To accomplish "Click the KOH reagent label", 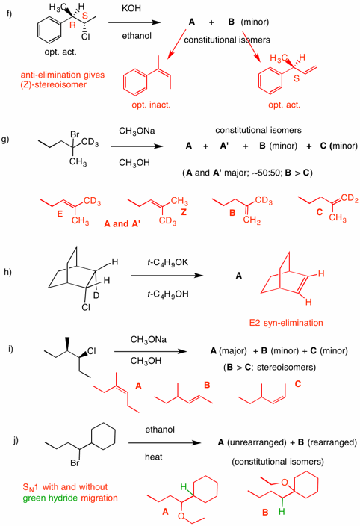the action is (131, 8).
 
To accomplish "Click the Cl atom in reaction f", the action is (85, 37).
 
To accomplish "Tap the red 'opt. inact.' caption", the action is (151, 105).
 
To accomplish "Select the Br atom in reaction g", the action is (75, 134).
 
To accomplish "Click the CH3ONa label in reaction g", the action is (137, 131).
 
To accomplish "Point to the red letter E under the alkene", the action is (60, 214).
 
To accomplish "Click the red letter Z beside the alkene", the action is (184, 212).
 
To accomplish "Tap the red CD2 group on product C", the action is (350, 199).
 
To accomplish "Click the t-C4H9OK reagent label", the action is (167, 262).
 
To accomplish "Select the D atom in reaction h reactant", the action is (96, 296).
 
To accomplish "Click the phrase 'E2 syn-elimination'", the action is (286, 323).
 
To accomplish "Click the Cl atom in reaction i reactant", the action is (92, 351).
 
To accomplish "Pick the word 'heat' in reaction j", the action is (154, 457).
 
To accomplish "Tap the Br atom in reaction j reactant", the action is (75, 463).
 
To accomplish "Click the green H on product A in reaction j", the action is (183, 486).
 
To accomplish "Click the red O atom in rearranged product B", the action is (285, 483).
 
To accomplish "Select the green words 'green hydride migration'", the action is (70, 498).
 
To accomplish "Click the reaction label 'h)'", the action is (7, 272).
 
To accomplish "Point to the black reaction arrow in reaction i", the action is (151, 351).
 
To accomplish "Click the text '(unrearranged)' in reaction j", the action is (257, 442).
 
